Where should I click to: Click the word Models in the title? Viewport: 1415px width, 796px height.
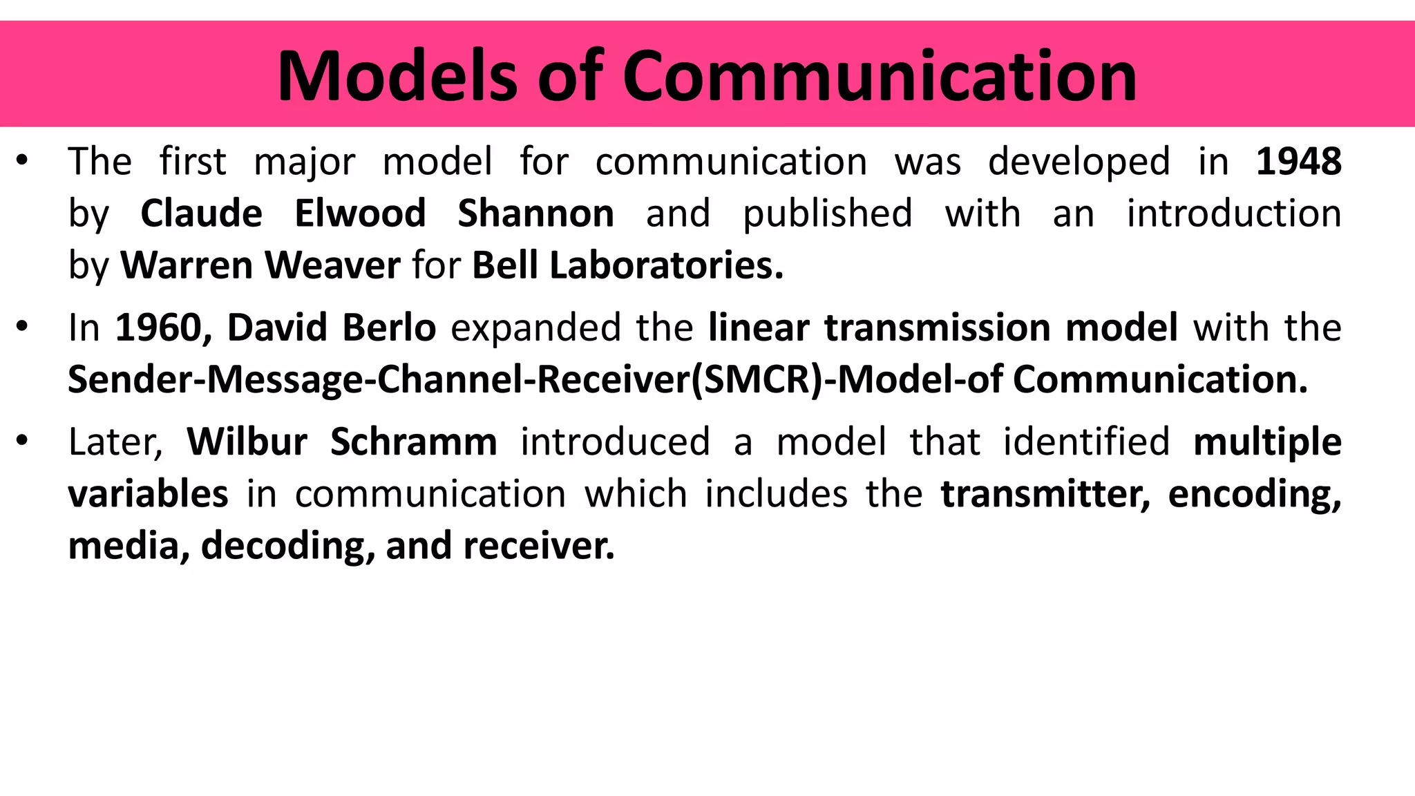(397, 76)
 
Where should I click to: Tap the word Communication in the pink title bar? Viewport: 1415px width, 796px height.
(879, 76)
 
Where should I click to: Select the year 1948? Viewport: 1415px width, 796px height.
(1298, 162)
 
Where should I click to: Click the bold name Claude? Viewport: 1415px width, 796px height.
(201, 213)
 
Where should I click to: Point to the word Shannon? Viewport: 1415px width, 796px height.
(535, 213)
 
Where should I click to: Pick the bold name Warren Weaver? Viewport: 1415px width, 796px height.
(260, 265)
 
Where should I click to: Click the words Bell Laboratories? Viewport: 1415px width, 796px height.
(627, 265)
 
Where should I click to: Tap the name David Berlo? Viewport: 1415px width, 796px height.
(332, 328)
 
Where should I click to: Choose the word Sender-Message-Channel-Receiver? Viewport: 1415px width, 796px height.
(379, 379)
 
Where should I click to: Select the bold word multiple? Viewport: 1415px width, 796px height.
(1267, 442)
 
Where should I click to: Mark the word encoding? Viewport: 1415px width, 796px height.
(1254, 493)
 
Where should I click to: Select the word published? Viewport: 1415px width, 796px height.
(827, 213)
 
